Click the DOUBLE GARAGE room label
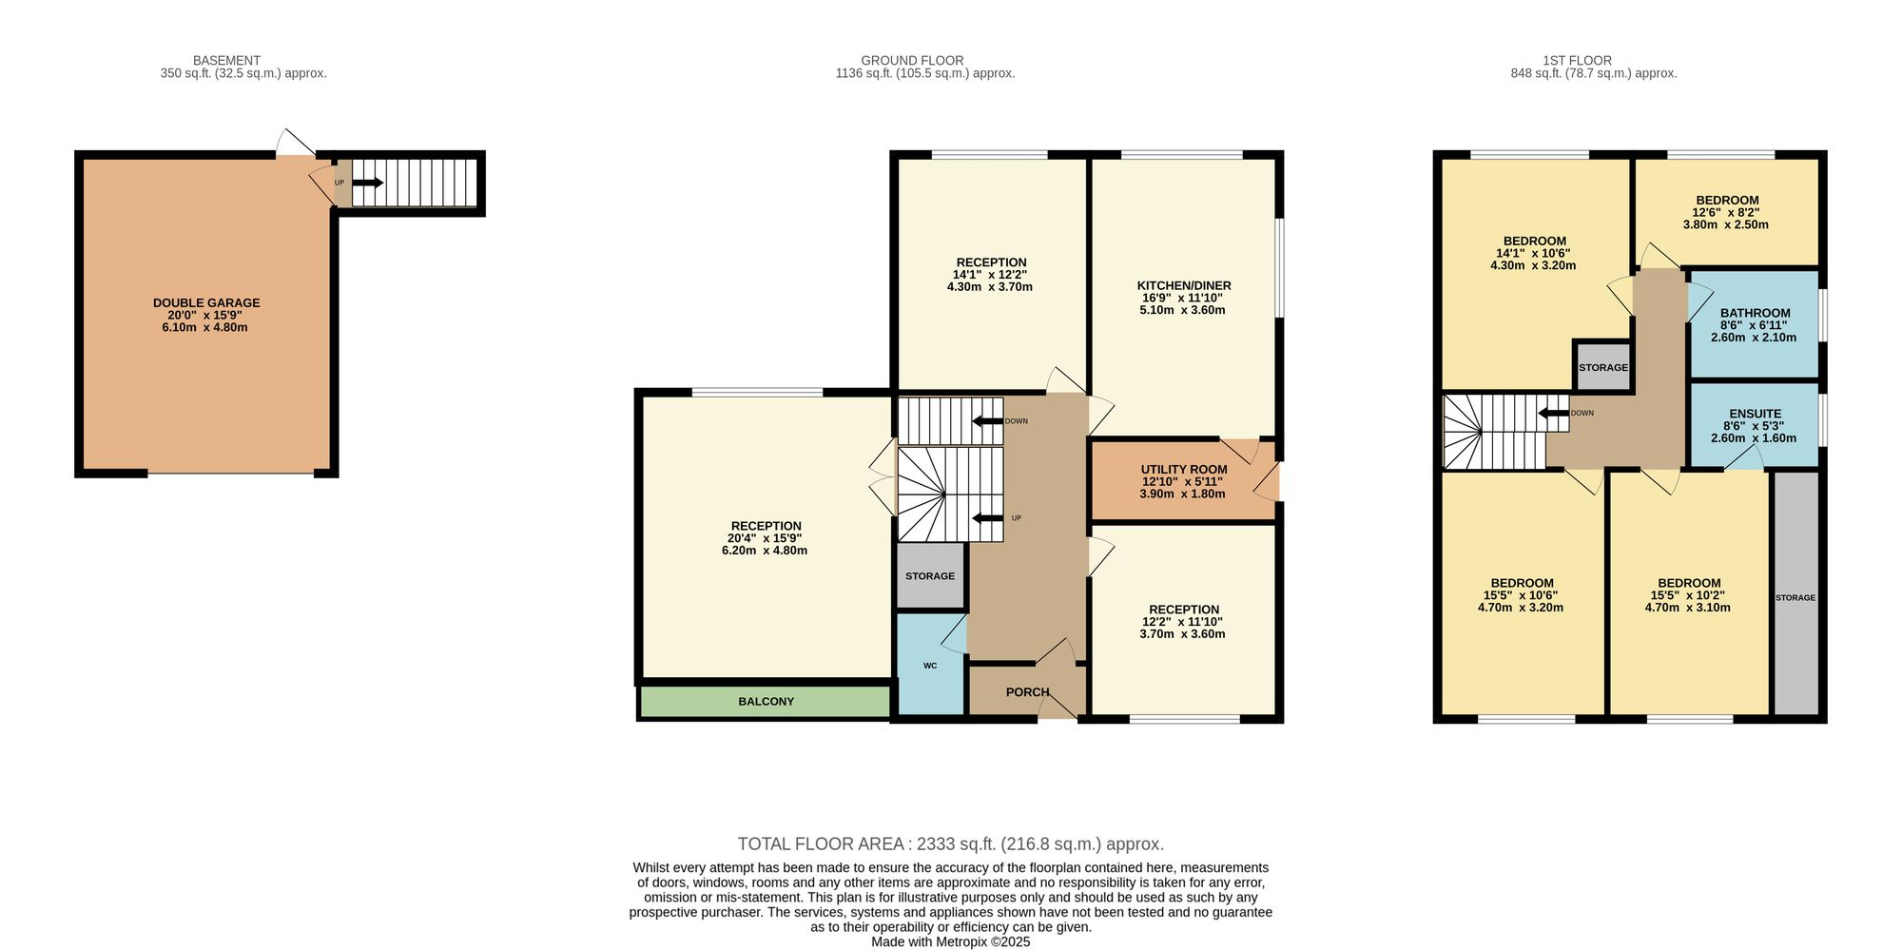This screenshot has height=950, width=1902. tap(206, 303)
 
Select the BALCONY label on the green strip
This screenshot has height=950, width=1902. tap(767, 702)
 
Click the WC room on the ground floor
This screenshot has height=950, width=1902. tap(930, 665)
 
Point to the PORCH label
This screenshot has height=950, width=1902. tap(1028, 692)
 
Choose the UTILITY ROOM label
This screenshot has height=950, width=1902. tap(1184, 470)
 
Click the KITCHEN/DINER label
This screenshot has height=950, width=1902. tap(1184, 285)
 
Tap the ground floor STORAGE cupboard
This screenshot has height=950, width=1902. tap(931, 575)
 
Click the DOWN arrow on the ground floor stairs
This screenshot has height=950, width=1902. tap(987, 420)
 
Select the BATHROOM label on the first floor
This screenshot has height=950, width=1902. tap(1755, 313)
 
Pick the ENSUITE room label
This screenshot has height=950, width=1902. tap(1755, 414)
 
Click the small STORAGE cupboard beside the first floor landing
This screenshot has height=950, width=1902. tap(1603, 367)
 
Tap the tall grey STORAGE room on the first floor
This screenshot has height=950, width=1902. tap(1795, 593)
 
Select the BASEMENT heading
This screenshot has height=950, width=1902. tap(226, 61)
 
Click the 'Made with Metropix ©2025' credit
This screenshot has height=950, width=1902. tap(951, 942)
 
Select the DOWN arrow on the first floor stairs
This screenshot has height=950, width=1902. tap(1554, 413)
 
